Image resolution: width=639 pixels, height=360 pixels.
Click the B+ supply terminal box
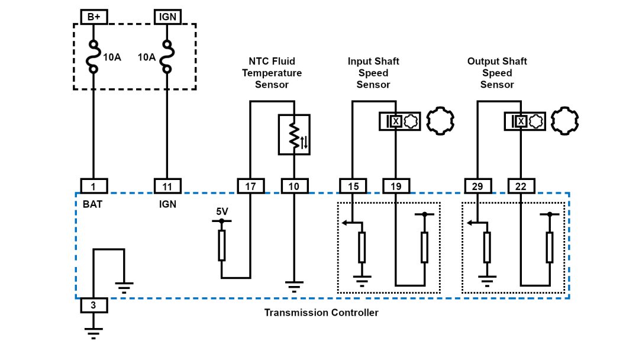tap(93, 17)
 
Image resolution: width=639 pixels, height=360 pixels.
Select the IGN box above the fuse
tap(167, 17)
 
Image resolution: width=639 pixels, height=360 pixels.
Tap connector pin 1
tap(93, 186)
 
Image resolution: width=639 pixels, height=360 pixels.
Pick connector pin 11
tap(167, 186)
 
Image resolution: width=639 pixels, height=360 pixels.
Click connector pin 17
tap(250, 186)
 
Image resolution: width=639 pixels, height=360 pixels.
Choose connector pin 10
tap(293, 186)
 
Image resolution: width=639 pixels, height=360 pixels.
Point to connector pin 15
tap(353, 186)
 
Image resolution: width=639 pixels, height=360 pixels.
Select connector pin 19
tap(396, 186)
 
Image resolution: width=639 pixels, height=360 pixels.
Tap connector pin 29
tap(477, 186)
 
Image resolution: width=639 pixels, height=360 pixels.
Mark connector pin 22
tap(521, 186)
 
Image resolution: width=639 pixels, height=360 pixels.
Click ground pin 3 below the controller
tap(93, 306)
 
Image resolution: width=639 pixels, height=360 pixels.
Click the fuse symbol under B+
tap(93, 57)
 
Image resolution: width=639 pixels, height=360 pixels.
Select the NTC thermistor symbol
tap(293, 134)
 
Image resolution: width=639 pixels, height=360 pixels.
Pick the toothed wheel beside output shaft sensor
tap(564, 121)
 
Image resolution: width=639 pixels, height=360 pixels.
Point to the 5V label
tap(222, 211)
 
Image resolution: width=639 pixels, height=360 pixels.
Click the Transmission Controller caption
tap(321, 313)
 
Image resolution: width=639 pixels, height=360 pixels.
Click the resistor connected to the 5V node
tap(222, 246)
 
